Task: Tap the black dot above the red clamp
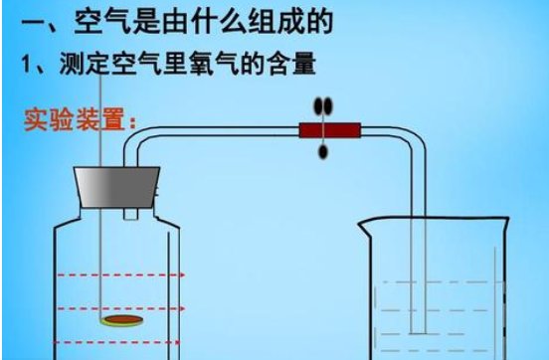click(321, 106)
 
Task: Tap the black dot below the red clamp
click(321, 150)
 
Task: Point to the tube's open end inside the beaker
click(422, 334)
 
